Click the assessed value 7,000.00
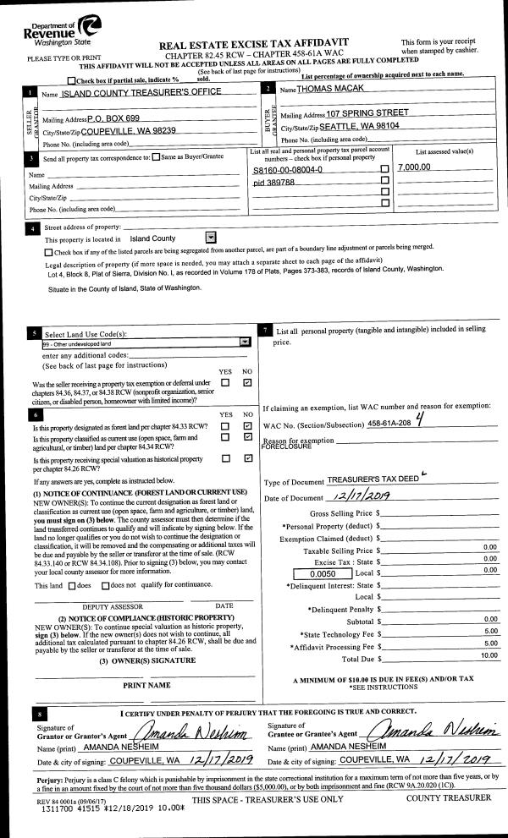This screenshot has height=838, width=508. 414,167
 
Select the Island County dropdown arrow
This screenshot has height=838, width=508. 211,238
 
